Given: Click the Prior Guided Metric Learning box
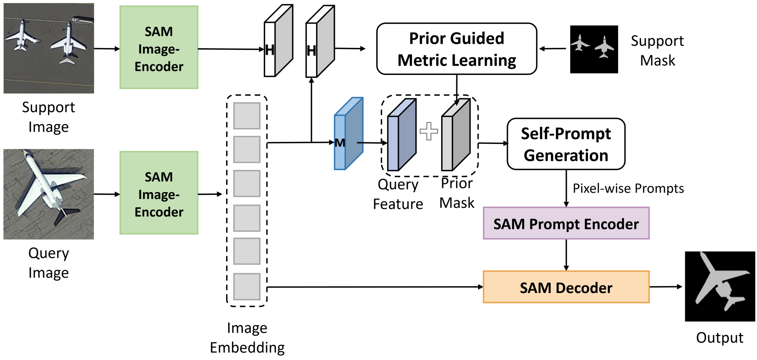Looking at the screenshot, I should point(456,49).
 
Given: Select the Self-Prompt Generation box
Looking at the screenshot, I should point(566,144).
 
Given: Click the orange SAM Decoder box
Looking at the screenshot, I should point(566,287).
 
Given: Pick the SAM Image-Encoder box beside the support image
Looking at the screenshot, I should point(159,48).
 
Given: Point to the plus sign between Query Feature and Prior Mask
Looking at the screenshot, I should point(429,131).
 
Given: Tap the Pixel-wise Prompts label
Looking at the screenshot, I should point(628,188).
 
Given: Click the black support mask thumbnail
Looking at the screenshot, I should point(594,49).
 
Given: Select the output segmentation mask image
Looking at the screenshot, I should point(720,286).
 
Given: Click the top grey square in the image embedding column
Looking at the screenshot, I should point(247,116).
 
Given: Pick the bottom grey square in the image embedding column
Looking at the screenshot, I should point(247,286).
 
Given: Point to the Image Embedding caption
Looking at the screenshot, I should point(247,337).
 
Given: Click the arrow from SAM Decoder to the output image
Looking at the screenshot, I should point(666,287).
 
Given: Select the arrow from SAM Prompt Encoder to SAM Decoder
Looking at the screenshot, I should point(566,255).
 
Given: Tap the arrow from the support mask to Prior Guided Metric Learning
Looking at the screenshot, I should point(553,49).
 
